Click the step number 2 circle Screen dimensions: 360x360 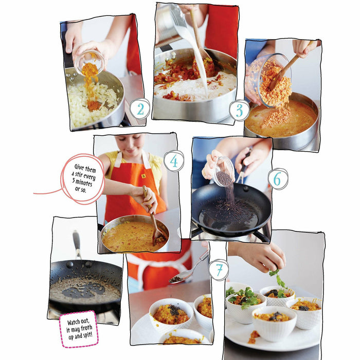[x=139, y=109]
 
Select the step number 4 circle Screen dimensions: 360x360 [x=174, y=161]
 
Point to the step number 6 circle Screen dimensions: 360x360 [x=278, y=178]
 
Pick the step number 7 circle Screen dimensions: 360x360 [x=219, y=269]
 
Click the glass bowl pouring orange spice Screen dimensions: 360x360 [x=89, y=62]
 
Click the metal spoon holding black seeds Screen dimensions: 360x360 [x=177, y=278]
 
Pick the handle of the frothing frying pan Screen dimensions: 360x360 [x=77, y=244]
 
